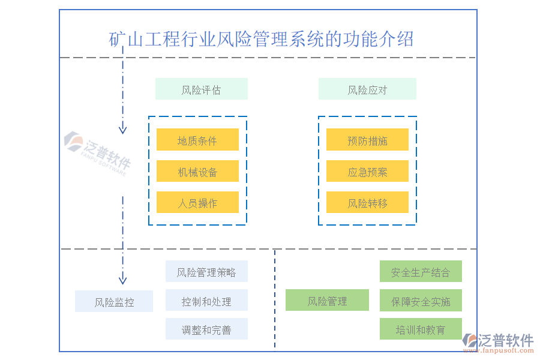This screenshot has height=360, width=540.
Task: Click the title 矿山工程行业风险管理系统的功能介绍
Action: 262,40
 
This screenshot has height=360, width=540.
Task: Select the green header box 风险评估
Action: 201,89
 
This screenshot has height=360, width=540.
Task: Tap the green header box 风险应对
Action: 367,89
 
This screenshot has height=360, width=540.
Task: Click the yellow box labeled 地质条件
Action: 197,140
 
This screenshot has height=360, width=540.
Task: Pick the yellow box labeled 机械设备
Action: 197,172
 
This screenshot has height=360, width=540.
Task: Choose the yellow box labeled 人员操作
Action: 197,203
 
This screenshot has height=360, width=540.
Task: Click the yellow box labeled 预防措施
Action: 367,140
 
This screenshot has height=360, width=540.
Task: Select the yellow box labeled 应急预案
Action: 367,172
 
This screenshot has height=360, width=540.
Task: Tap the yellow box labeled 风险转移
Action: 367,203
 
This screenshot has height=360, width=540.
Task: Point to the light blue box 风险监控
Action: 114,302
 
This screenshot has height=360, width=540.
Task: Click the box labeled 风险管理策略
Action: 206,272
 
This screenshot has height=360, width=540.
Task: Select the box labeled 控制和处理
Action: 206,301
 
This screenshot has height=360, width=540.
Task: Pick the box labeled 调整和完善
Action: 206,329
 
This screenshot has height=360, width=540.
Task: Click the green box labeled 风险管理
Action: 327,301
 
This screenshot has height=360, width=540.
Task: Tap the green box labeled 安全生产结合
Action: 421,272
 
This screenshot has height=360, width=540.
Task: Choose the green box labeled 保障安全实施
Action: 421,301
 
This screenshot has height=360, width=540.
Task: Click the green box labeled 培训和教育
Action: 421,329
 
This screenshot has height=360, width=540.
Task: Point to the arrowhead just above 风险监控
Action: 122,279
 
